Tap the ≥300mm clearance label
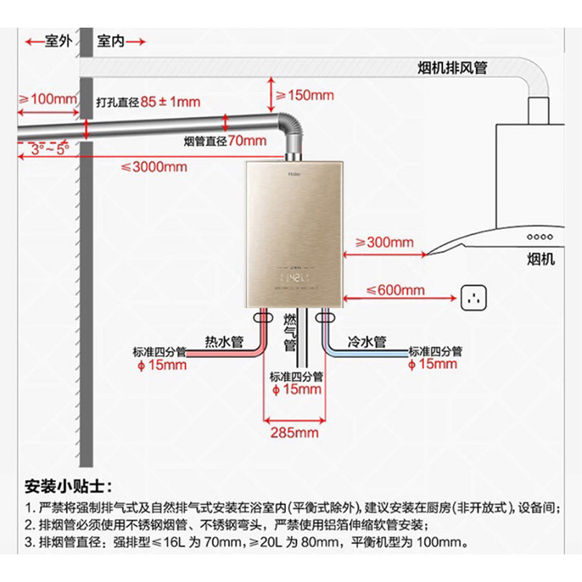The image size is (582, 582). pos(383,242)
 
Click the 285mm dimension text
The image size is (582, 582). pos(295,433)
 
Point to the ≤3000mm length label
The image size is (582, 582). pos(154,167)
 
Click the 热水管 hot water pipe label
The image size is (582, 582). pos(223,341)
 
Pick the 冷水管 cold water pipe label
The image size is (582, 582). pos(367,341)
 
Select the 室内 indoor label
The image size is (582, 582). pos(111,41)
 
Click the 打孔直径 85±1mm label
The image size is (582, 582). pos(148,102)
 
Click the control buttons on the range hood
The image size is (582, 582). pos(539,236)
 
